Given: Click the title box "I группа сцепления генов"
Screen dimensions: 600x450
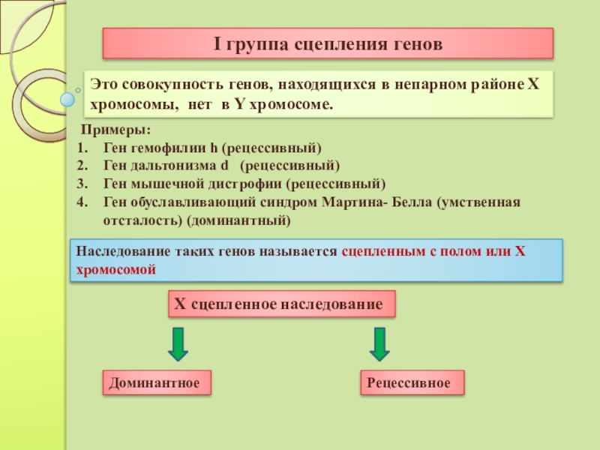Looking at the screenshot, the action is click(x=328, y=44).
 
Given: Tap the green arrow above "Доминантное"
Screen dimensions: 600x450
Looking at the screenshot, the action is click(x=178, y=343).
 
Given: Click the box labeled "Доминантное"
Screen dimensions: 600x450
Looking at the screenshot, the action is click(x=155, y=383).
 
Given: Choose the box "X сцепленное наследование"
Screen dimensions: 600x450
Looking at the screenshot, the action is click(x=280, y=304).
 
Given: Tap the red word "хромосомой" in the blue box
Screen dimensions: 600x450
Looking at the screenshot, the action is click(x=116, y=270).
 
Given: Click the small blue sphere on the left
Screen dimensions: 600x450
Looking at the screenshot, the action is click(x=68, y=98).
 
